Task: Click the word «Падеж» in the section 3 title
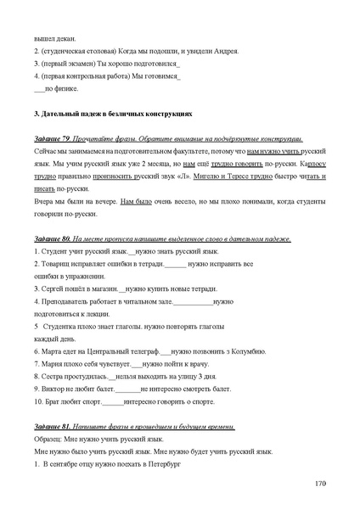(x=90, y=112)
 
